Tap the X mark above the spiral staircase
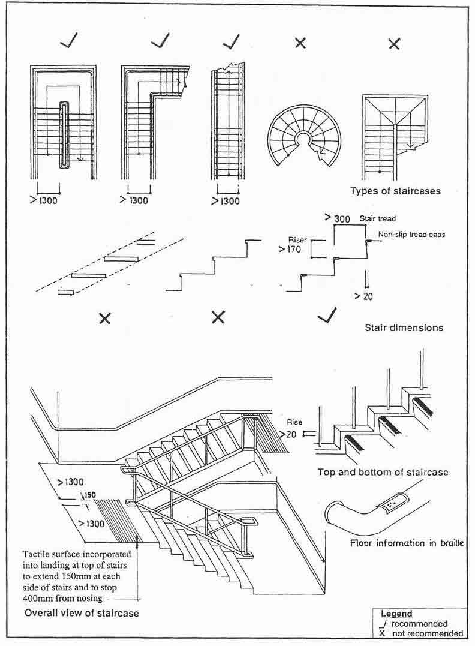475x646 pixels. click(x=300, y=43)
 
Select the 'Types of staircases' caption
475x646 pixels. click(x=395, y=191)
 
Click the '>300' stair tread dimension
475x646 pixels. click(x=337, y=219)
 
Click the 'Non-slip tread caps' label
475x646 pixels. click(x=411, y=235)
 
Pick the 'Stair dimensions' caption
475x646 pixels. click(x=404, y=328)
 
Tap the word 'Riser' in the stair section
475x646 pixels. click(x=297, y=240)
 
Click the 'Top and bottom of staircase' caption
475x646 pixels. click(x=383, y=472)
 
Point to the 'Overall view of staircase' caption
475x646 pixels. click(x=82, y=613)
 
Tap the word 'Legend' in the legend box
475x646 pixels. click(x=396, y=614)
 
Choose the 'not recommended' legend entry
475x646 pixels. click(x=427, y=633)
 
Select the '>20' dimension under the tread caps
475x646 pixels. click(x=363, y=296)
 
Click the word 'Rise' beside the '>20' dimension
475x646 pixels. click(x=294, y=422)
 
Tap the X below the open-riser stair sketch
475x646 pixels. click(x=104, y=319)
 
